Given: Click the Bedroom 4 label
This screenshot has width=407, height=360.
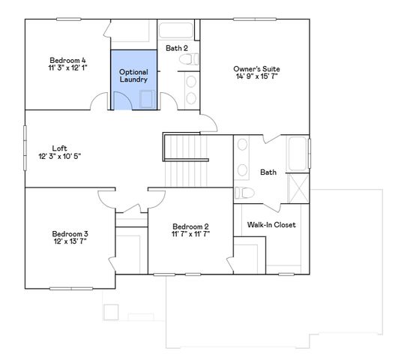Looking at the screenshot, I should click(x=67, y=60).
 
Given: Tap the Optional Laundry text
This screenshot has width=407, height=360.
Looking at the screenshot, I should click(x=133, y=75).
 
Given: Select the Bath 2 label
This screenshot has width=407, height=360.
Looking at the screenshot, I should click(x=177, y=48).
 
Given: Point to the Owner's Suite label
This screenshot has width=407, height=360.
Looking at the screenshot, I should click(x=257, y=69).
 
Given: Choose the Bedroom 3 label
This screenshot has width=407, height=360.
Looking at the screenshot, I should click(x=69, y=232).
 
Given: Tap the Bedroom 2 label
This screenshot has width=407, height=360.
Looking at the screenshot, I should click(x=190, y=226).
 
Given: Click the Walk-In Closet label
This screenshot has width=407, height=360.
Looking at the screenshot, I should click(x=271, y=224).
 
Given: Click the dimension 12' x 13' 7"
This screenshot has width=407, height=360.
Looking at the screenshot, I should click(x=69, y=241).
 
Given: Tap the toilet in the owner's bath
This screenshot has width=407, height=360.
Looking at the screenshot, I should click(x=247, y=193).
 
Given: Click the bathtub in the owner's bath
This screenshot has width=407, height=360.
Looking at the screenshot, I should click(x=299, y=154).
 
